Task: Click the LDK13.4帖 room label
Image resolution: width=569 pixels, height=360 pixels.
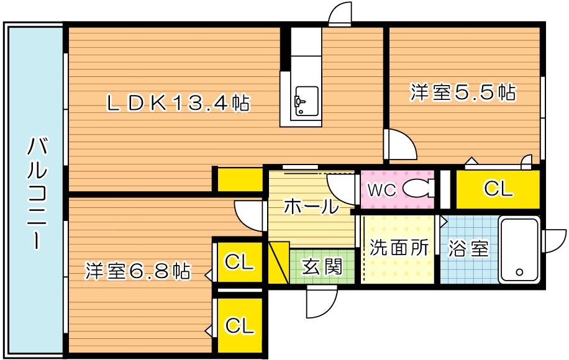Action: [x=178, y=102]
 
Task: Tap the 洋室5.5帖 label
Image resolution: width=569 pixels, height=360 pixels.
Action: [x=462, y=93]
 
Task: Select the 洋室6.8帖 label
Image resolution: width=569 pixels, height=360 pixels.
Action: [x=137, y=271]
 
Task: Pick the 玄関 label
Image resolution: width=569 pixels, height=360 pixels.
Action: [x=322, y=267]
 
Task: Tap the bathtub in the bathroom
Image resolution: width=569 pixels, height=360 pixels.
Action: [x=521, y=250]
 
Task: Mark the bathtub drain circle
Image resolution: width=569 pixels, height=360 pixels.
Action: [x=519, y=272]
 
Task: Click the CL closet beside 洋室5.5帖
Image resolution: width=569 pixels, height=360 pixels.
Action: [x=498, y=189]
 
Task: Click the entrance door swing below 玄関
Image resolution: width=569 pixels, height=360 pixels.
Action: [x=322, y=303]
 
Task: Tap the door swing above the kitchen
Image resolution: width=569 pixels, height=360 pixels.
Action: [x=340, y=14]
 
